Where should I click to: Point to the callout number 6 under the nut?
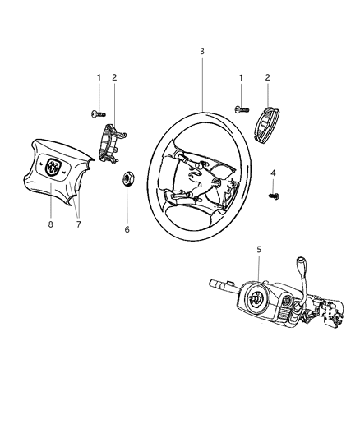[x=127, y=229]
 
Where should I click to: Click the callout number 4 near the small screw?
[x=272, y=173]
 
